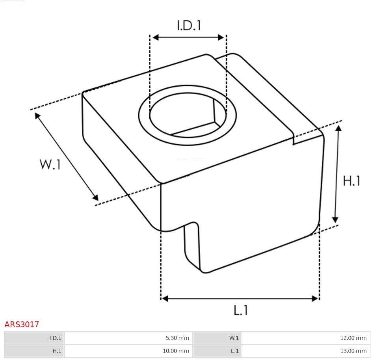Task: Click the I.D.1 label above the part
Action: pyautogui.click(x=189, y=25)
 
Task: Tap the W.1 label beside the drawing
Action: pyautogui.click(x=50, y=164)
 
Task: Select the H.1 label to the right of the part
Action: pyautogui.click(x=352, y=181)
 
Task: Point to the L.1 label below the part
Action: pyautogui.click(x=240, y=310)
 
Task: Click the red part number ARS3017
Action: pyautogui.click(x=22, y=325)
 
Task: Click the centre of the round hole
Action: pyautogui.click(x=188, y=116)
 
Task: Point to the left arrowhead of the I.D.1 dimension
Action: pyautogui.click(x=155, y=37)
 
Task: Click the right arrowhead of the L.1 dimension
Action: pyautogui.click(x=315, y=298)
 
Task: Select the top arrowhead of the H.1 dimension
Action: pyautogui.click(x=338, y=128)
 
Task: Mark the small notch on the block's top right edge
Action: pyautogui.click(x=294, y=139)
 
